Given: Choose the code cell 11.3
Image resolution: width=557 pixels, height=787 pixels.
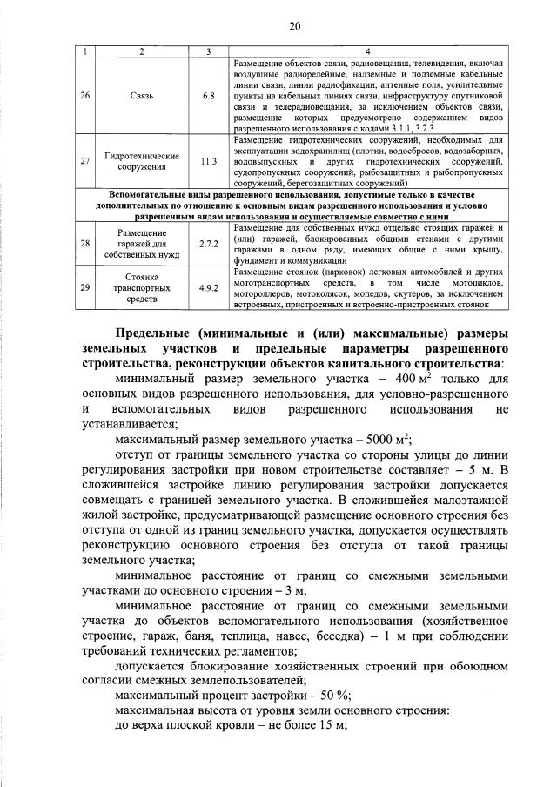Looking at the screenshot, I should [x=208, y=161].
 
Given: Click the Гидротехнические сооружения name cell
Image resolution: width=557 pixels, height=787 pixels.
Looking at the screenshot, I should [x=142, y=161].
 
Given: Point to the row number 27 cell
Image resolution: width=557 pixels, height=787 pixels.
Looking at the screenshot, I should [x=84, y=161].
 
